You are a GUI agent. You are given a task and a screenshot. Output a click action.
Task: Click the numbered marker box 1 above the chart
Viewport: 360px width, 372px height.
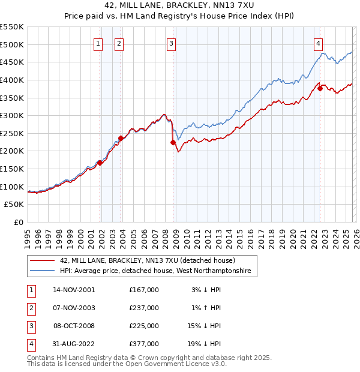pos(98,43)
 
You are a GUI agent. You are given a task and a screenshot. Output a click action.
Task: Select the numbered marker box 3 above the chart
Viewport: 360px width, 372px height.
pos(172,43)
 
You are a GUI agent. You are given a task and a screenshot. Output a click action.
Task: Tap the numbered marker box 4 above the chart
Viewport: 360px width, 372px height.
pos(318,43)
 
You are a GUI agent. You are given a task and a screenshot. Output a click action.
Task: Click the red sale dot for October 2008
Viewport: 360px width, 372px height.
pos(173,142)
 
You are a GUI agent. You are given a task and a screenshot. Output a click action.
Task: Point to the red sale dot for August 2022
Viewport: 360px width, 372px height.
pos(320,88)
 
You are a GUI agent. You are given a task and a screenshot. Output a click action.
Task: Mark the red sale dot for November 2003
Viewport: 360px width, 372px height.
pos(121,138)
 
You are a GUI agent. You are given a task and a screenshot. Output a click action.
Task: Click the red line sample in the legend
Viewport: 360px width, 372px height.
pos(43,260)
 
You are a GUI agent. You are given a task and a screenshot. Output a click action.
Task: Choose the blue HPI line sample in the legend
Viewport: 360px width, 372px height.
pos(43,272)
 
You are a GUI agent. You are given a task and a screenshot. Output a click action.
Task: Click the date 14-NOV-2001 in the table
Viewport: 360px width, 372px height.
pos(74,290)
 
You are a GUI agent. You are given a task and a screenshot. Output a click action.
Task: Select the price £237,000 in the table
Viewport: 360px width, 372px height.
pos(144,308)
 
